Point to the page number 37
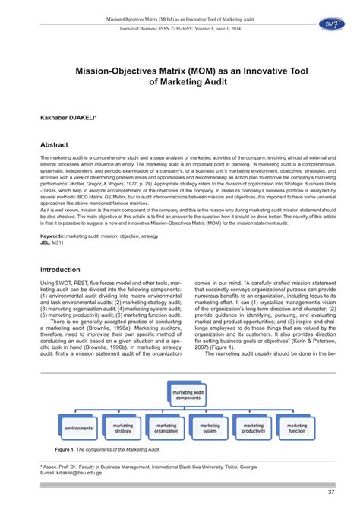point(332,492)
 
